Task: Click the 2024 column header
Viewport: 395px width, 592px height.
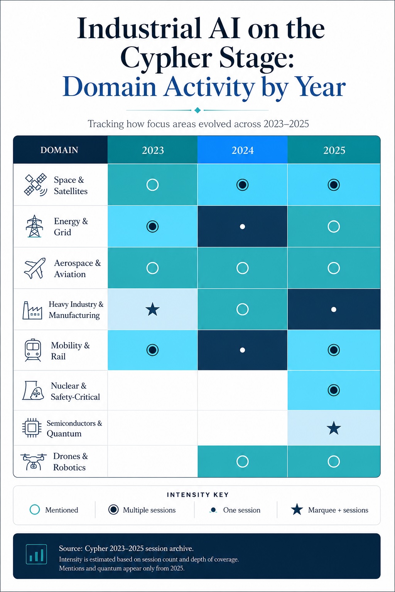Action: coord(242,150)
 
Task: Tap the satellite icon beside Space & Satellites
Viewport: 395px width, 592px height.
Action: coord(35,185)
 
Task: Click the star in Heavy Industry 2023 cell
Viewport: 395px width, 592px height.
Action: coord(153,309)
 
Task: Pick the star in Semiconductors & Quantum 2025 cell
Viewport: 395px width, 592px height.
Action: coord(334,428)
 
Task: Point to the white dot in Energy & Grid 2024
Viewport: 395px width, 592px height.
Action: coord(242,227)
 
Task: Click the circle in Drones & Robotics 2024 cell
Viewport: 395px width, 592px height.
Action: coord(242,461)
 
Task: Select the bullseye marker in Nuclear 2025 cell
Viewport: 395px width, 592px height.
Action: coord(334,390)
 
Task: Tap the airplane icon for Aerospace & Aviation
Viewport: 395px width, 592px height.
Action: coord(35,268)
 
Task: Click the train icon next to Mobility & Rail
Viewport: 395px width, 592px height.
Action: coord(33,350)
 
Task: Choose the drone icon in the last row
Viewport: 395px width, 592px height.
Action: coord(33,462)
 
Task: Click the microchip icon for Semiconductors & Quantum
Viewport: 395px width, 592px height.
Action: coord(32,427)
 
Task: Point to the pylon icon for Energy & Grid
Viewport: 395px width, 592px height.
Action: coord(34,226)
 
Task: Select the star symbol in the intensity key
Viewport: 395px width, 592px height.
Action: coord(297,510)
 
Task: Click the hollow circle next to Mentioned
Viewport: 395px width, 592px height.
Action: coord(35,510)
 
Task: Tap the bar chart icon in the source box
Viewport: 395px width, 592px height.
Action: coord(37,554)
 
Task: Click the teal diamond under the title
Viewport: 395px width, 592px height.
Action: coord(197,110)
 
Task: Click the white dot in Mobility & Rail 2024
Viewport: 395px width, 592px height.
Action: coord(242,350)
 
